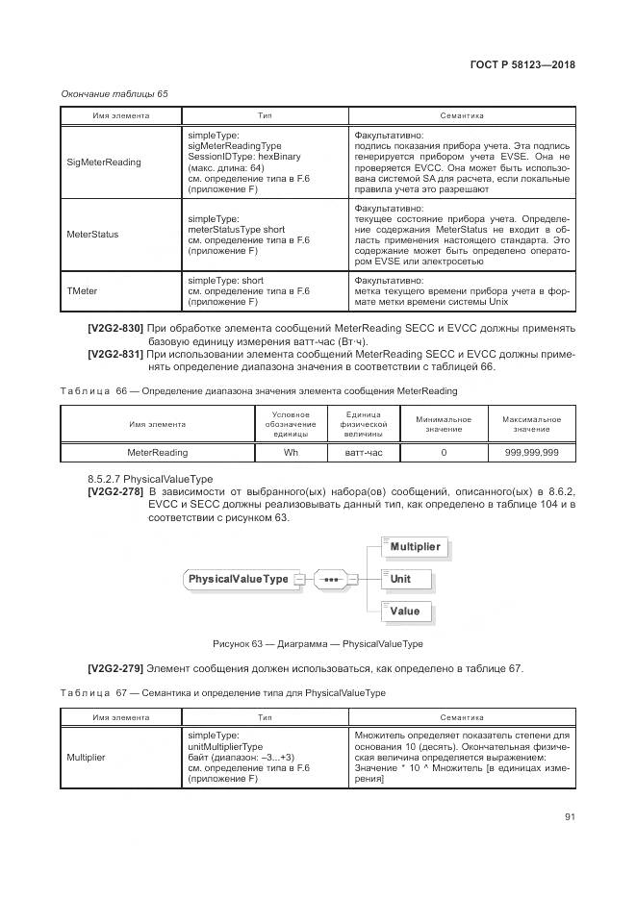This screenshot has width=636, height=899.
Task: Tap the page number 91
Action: click(x=570, y=817)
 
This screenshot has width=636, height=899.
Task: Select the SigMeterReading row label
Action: click(x=103, y=162)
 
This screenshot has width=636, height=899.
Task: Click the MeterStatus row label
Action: click(x=92, y=234)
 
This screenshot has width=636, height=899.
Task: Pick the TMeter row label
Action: click(x=82, y=290)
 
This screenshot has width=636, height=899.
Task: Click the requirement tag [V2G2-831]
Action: click(x=115, y=354)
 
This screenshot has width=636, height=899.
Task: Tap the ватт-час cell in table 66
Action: click(x=364, y=451)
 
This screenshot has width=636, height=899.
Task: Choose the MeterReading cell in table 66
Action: click(x=158, y=451)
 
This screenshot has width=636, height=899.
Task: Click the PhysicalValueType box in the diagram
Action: click(x=238, y=579)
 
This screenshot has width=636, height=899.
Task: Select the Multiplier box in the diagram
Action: click(x=415, y=547)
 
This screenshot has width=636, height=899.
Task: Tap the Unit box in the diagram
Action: click(x=401, y=579)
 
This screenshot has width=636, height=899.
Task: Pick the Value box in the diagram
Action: click(x=405, y=611)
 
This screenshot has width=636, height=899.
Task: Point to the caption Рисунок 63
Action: click(x=318, y=644)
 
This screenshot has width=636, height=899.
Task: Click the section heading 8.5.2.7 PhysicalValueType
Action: click(x=151, y=478)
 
